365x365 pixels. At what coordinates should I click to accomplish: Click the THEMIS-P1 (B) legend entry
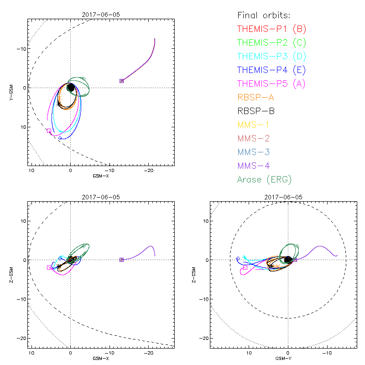coord(271,29)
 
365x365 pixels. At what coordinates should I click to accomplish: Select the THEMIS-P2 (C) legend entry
coord(271,43)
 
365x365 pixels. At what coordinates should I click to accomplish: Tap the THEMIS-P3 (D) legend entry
coord(271,57)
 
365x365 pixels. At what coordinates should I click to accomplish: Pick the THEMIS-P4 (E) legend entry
coord(271,70)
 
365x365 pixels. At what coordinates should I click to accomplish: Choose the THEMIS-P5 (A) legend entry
coord(271,84)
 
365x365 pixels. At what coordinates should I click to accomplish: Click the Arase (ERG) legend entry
coord(264,179)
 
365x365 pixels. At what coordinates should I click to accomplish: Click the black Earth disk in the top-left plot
coord(71,88)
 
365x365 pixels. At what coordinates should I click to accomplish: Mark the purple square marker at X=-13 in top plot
coord(121,81)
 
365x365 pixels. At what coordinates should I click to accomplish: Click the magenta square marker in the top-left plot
coord(49,131)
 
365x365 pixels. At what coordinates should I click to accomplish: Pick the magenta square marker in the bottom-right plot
coord(245,267)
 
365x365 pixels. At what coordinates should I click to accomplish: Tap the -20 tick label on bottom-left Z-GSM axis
coord(21,338)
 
